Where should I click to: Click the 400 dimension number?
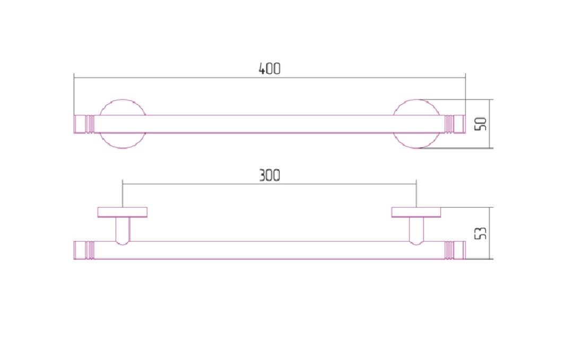pos(270,69)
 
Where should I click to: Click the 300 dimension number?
pos(270,175)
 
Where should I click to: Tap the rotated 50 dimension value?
pos(481,124)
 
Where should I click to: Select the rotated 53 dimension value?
pos(481,233)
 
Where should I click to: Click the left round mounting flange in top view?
pos(123,103)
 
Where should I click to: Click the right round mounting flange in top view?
pos(416,103)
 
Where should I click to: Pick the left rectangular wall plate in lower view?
pos(123,212)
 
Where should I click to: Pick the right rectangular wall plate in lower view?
pos(416,212)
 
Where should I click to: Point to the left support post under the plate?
pos(123,230)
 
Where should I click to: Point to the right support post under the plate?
pos(416,230)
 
